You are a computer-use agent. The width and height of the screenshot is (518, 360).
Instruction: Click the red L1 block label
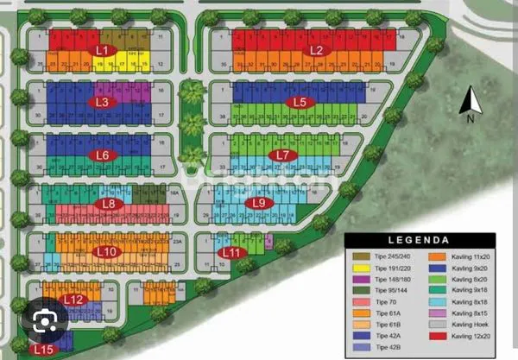click(104, 50)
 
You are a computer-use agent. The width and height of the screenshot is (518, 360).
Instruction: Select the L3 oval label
click(102, 102)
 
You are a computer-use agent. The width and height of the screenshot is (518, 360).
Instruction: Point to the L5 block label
click(300, 102)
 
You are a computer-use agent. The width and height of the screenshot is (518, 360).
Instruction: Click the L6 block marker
click(103, 155)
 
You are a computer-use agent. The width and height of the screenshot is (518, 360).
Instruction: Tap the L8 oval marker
click(109, 205)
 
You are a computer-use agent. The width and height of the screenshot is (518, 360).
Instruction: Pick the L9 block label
click(258, 203)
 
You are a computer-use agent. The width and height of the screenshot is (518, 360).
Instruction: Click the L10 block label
click(106, 251)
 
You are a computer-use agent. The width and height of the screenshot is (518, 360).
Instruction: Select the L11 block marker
click(233, 252)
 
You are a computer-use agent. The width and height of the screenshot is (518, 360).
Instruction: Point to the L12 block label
click(74, 300)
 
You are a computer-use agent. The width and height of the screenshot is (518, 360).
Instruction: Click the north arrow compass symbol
click(471, 104)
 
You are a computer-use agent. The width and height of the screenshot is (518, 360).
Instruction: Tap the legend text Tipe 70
click(387, 301)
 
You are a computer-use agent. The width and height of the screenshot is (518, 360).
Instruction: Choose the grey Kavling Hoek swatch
click(439, 324)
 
